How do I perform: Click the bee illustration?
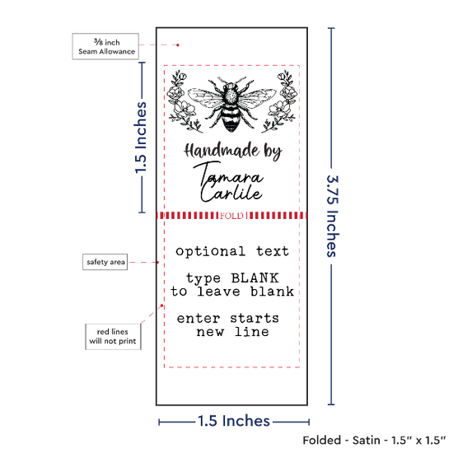231,105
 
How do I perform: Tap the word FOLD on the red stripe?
231,216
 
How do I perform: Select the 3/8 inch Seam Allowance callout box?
105,46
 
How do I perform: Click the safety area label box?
105,262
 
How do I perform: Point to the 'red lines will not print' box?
113,337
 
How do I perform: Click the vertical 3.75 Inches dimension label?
332,216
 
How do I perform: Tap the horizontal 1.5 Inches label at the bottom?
234,421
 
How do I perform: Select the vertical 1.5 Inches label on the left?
141,138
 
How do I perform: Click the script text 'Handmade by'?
233,152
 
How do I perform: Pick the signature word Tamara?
228,175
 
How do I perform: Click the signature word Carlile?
231,194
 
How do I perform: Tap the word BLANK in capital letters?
255,278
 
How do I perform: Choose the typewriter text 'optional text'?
232,252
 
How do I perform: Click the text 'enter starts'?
228,319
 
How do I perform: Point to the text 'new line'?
232,332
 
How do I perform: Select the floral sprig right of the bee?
279,101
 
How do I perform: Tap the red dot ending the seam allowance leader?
178,45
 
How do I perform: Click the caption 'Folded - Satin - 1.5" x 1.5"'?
374,441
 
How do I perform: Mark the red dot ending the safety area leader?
158,262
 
